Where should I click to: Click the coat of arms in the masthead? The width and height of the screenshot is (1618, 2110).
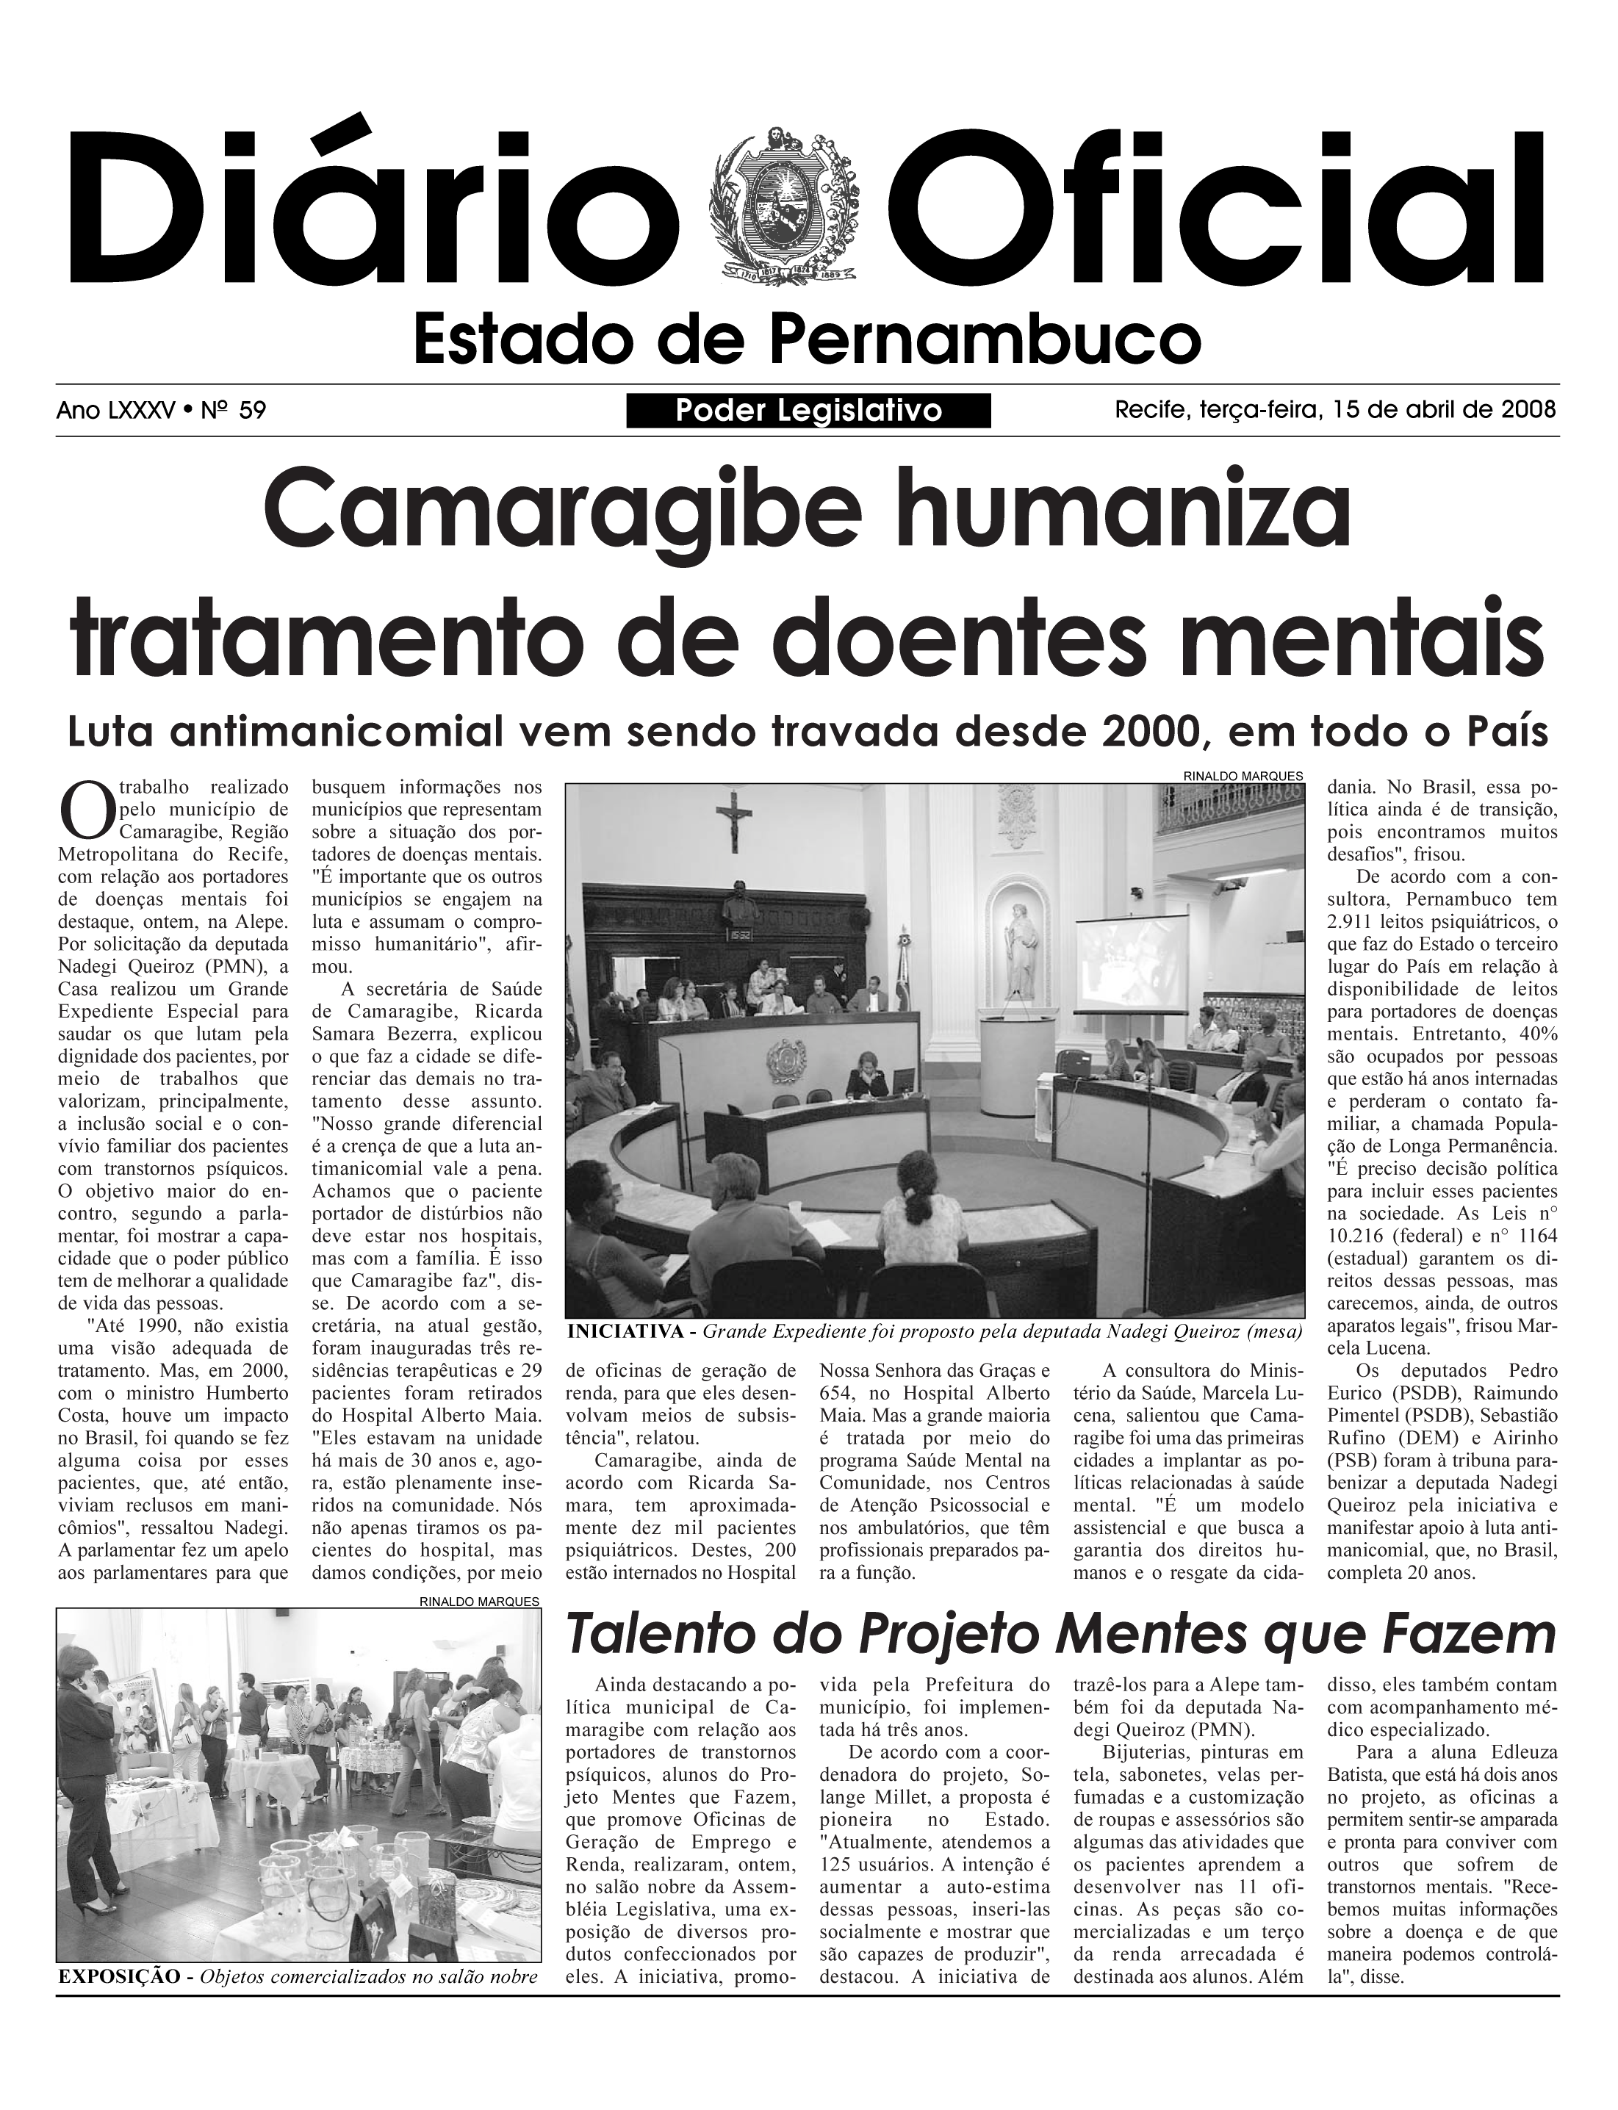(782, 204)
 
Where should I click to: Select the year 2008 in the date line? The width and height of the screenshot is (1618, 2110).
(1528, 410)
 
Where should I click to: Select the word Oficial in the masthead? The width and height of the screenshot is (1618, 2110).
(1224, 208)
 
